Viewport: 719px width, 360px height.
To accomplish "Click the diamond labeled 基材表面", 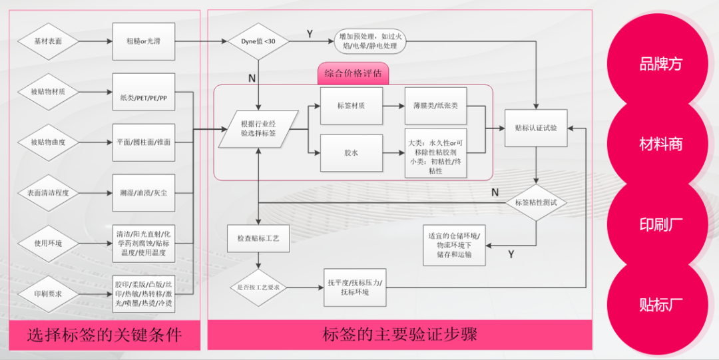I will [x=48, y=41].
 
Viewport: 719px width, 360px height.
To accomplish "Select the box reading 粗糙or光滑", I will [x=144, y=41].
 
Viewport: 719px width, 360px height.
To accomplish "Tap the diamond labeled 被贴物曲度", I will [x=48, y=142].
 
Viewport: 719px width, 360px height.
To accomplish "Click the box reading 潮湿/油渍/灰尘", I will [x=144, y=193].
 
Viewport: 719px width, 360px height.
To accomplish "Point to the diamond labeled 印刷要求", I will [x=48, y=293].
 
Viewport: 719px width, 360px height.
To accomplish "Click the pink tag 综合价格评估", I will [x=353, y=73].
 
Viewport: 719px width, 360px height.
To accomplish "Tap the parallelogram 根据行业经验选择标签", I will [x=258, y=128].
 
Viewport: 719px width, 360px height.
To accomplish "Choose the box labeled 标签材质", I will [x=352, y=105].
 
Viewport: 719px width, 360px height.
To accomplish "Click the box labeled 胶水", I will [x=352, y=153].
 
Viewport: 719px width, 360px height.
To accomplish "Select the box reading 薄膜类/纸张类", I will [x=436, y=105].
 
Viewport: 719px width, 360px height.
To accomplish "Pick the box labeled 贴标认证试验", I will [x=536, y=128].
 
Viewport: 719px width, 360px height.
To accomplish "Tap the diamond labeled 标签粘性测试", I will [x=536, y=202].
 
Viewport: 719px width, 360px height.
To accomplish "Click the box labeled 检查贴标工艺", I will [x=258, y=238].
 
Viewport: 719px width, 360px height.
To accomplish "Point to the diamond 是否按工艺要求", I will [x=258, y=287].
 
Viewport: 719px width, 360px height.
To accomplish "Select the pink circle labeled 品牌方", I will [x=661, y=64].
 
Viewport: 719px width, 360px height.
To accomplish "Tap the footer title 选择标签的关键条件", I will [x=105, y=334].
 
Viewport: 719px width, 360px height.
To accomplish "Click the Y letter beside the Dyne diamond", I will [x=310, y=33].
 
